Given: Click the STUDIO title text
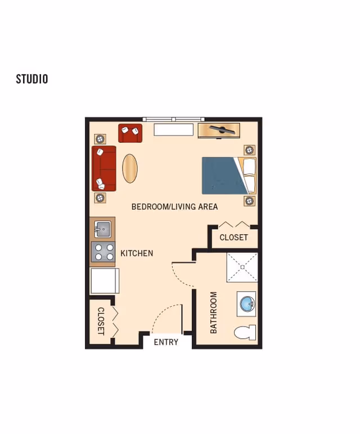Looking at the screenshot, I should [x=32, y=79].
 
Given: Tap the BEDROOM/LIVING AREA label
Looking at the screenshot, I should [x=174, y=207].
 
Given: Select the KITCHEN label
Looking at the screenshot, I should [x=137, y=253].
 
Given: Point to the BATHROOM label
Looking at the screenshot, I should [x=214, y=312].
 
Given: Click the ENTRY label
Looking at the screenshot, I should [x=166, y=342].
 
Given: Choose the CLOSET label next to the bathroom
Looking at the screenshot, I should [x=233, y=238].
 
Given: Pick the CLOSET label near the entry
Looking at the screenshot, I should [x=101, y=321].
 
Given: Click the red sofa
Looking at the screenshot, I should [x=104, y=168].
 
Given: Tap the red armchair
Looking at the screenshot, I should [x=130, y=133].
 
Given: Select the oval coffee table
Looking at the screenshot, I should [x=130, y=168].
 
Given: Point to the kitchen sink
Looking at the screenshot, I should [x=103, y=229].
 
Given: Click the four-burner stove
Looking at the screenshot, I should [x=103, y=252].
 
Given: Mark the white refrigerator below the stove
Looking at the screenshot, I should [x=105, y=281].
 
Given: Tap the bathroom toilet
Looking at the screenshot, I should [x=245, y=333].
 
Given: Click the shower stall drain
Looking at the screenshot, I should [x=242, y=267].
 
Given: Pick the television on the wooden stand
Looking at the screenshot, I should [x=219, y=131].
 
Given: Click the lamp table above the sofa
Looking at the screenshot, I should [x=100, y=138].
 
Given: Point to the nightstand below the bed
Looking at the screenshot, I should [x=249, y=200].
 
